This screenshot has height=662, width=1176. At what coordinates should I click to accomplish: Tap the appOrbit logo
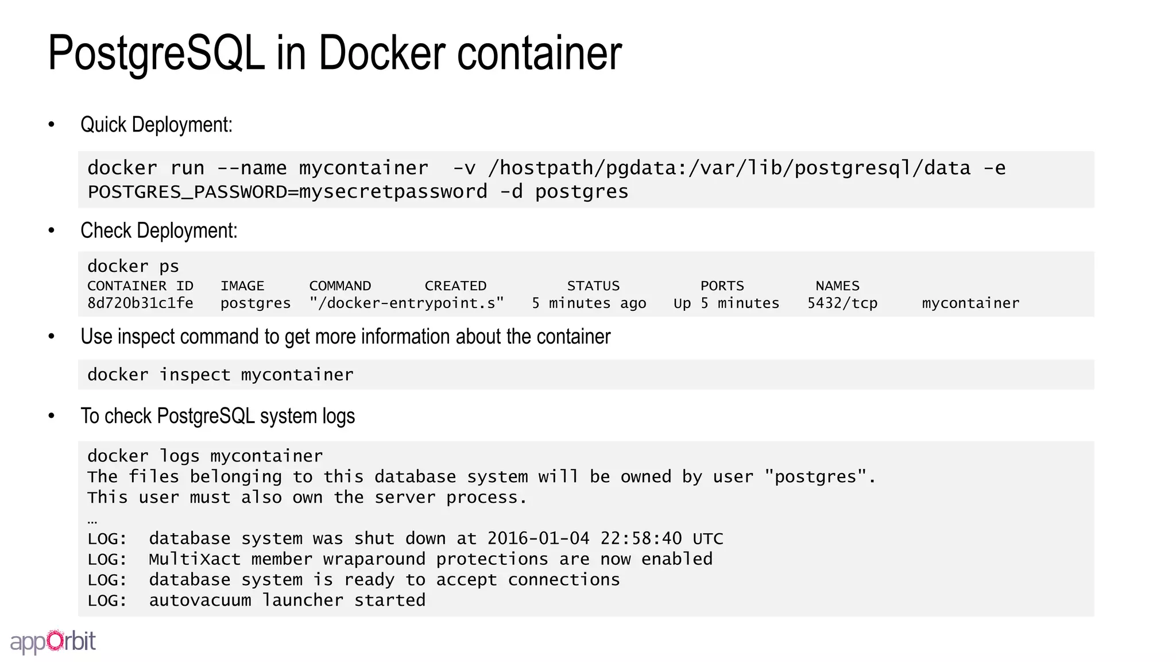53,641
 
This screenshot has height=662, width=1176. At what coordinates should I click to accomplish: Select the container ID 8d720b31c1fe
140,303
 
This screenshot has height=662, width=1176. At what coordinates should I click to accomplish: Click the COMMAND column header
340,286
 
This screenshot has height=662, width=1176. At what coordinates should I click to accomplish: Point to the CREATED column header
455,286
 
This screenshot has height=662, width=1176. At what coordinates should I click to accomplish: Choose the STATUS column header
593,286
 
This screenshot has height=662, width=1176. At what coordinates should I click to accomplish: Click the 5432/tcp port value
842,303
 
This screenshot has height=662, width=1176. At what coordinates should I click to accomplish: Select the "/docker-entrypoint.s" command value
407,303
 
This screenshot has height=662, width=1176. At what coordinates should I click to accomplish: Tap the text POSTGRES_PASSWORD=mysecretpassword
287,192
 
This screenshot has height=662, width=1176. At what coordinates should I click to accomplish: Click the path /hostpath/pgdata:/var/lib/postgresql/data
729,168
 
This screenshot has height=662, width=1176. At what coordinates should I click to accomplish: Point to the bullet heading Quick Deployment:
156,125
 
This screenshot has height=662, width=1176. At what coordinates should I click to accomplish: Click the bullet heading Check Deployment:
158,230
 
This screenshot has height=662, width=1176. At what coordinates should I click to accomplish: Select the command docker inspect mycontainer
220,375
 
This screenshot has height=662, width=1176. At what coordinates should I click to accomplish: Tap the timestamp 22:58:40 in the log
641,539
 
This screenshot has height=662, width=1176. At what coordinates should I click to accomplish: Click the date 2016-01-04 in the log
538,539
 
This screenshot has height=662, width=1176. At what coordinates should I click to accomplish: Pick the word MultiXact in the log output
195,559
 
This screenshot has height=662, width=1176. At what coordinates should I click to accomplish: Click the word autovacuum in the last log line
200,601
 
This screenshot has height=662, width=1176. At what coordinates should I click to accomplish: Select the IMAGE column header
242,286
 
